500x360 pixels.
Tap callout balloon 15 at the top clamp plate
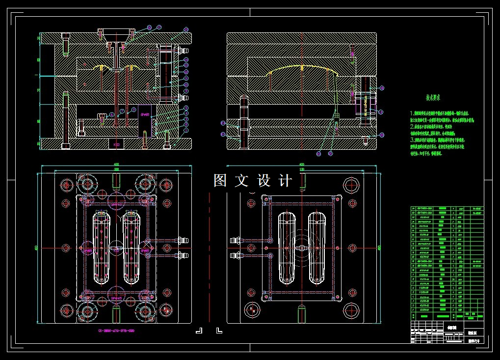186,29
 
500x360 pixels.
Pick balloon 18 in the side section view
382,88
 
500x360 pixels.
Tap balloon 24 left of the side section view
223,123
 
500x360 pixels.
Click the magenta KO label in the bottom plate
116,145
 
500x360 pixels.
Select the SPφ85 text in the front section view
146,114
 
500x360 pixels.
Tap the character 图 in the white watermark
219,181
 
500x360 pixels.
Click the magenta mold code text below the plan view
116,331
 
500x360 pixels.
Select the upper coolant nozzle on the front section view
183,50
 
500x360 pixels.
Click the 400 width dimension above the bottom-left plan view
116,165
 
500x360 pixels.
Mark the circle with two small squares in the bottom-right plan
252,309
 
